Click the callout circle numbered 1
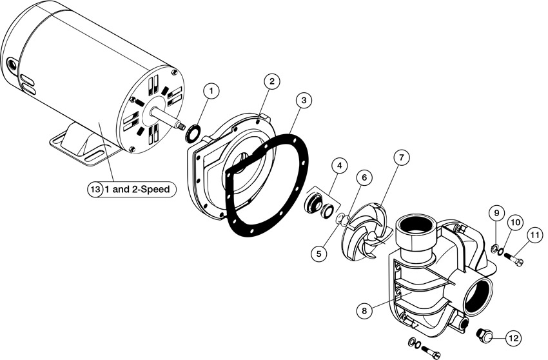click(x=211, y=92)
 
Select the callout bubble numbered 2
click(x=272, y=81)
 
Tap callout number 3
click(x=304, y=101)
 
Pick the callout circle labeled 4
click(x=339, y=165)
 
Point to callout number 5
click(x=318, y=253)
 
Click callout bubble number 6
click(x=364, y=177)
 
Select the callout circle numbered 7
click(x=401, y=158)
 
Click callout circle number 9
click(x=496, y=213)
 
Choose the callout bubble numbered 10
click(x=516, y=223)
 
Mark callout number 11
click(x=534, y=235)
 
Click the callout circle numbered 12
click(x=513, y=338)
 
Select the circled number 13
click(x=95, y=190)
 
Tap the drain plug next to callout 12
click(x=484, y=335)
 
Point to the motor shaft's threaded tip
click(x=181, y=126)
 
